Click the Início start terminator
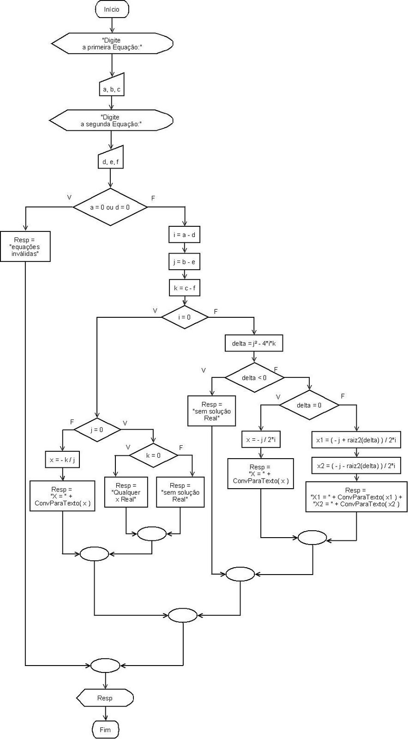coord(112,9)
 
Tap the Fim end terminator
coord(105,730)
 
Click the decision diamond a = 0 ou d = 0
coord(110,207)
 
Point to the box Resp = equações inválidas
coord(25,247)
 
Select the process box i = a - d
coord(184,235)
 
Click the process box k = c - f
coord(184,288)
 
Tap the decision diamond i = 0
coord(184,317)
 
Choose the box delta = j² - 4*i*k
coord(253,344)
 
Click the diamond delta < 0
coord(254,377)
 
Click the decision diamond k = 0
coord(153,455)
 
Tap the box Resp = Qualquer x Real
coord(126,492)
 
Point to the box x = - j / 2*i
coord(261,440)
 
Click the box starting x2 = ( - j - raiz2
coord(356,466)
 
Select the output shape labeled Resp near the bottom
coord(105,698)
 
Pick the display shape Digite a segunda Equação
coord(111,121)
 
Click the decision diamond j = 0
coord(97,429)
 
